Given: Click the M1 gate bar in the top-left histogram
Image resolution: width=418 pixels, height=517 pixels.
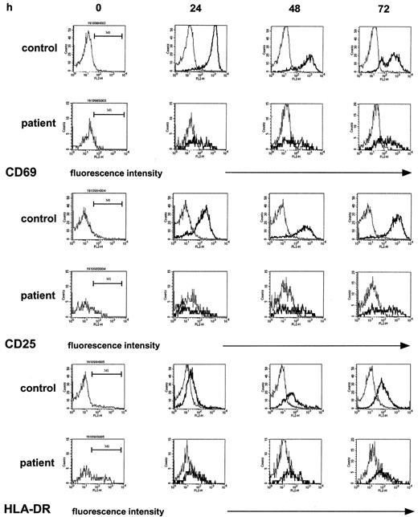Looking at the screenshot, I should [x=108, y=35].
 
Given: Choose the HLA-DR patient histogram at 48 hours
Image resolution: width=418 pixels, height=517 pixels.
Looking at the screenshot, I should [x=291, y=466].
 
